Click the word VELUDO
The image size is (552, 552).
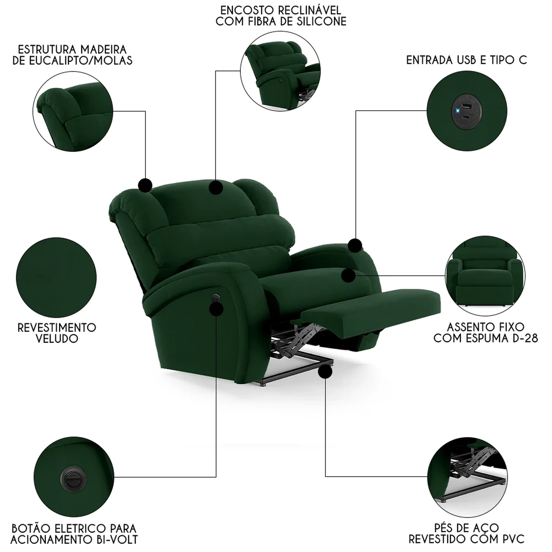point(57,339)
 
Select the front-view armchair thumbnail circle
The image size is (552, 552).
point(485,275)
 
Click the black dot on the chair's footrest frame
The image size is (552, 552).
point(325,372)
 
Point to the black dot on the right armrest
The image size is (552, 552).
point(355,245)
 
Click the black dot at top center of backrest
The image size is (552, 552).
point(216,187)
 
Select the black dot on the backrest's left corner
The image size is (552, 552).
point(145,185)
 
